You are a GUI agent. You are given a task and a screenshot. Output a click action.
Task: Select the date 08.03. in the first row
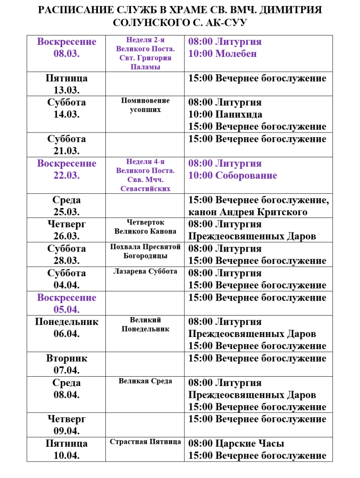[x=67, y=54]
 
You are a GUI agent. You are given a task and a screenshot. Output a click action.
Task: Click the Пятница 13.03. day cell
[x=67, y=84]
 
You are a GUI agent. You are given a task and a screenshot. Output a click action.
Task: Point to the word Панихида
[x=239, y=114]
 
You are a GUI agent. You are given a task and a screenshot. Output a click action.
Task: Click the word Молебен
[x=236, y=54]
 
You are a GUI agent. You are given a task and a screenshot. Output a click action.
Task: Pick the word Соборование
[x=246, y=176]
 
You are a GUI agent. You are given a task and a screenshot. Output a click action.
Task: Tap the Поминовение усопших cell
[x=145, y=105]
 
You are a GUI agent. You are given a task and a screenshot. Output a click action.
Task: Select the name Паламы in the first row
[x=145, y=67]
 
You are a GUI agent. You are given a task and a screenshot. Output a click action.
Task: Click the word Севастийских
[x=145, y=189]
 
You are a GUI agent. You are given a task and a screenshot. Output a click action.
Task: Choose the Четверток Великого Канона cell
[x=145, y=227]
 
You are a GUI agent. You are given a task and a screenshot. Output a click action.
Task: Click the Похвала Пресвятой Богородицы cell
[x=145, y=251]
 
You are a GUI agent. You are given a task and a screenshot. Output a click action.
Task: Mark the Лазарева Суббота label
[x=145, y=271]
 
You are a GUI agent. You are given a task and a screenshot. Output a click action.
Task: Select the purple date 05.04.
[x=67, y=309]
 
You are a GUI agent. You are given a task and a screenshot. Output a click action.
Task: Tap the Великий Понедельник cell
[x=145, y=324]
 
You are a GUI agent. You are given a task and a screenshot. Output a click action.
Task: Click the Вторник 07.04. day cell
[x=67, y=365]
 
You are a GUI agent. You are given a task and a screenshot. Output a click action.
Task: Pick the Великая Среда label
[x=145, y=381]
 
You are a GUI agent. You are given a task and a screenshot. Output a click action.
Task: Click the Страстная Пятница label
[x=145, y=442]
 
